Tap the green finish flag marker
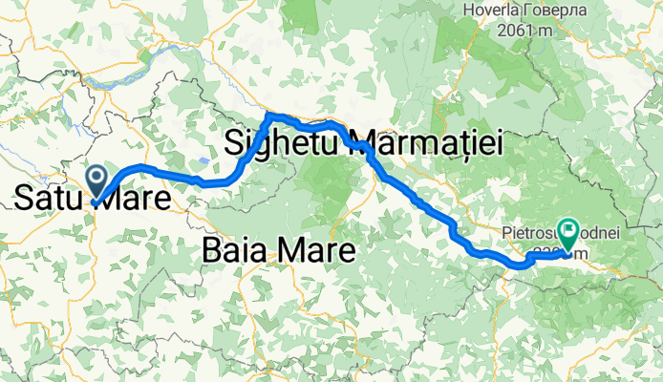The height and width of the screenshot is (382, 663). click(568, 230)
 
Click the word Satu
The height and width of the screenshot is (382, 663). click(46, 199)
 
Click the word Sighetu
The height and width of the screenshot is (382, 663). click(284, 144)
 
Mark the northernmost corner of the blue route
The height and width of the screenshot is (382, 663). click(270, 115)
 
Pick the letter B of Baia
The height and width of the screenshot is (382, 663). click(212, 251)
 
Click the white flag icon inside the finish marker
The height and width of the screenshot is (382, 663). click(568, 228)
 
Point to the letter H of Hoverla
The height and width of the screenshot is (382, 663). click(468, 11)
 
